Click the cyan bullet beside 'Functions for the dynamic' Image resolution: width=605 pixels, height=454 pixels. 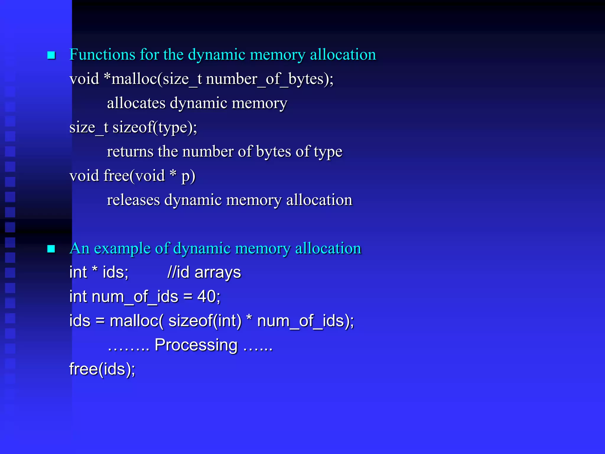click(x=51, y=55)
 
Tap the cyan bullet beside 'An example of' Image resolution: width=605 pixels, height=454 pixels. click(x=51, y=249)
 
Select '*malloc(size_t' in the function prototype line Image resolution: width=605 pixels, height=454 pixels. click(x=153, y=79)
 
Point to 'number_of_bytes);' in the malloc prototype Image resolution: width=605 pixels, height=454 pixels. click(x=269, y=79)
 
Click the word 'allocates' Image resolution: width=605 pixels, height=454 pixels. click(x=136, y=103)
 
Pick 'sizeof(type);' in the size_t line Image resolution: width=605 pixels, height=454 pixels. click(x=155, y=128)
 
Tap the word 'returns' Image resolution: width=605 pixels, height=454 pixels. click(x=130, y=152)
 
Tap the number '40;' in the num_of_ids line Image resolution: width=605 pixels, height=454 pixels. click(x=209, y=296)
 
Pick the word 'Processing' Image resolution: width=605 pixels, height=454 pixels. click(x=196, y=345)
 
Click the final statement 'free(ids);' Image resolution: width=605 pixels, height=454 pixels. click(x=102, y=369)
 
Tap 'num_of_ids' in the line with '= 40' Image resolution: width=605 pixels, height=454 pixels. click(x=135, y=297)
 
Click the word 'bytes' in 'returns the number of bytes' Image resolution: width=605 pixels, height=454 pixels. click(x=274, y=152)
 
